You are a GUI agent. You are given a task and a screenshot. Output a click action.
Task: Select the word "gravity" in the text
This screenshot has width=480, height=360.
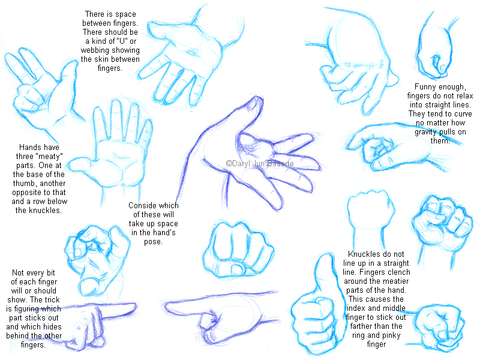[425, 132]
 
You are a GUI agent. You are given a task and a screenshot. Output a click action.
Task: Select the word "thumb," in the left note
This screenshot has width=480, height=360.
[24, 184]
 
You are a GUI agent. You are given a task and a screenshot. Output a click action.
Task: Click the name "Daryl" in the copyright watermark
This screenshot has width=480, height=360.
[241, 163]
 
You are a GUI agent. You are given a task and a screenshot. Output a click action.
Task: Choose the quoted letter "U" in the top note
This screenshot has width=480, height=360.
[122, 41]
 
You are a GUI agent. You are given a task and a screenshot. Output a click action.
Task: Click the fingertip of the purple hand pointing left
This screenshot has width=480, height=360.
[167, 306]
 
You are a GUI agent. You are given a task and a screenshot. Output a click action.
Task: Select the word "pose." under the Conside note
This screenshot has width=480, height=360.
[153, 242]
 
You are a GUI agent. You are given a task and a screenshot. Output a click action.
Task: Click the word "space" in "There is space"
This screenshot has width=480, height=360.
[126, 14]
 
